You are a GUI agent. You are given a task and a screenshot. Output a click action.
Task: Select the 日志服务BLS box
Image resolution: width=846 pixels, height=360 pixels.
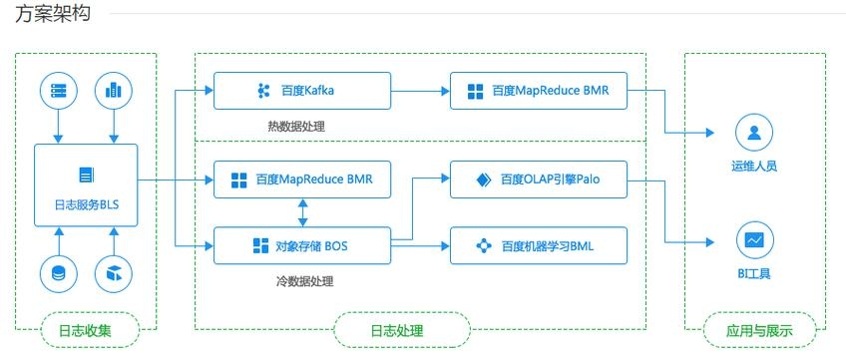point(86,184)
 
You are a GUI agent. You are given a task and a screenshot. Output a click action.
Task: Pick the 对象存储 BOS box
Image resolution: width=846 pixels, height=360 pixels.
point(300,244)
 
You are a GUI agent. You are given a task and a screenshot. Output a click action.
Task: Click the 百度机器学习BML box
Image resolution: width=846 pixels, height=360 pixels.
point(539,244)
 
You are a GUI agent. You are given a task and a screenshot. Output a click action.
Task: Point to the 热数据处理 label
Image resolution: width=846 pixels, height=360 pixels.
point(296,127)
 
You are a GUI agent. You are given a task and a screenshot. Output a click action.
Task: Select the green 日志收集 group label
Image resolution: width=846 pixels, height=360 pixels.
point(86,330)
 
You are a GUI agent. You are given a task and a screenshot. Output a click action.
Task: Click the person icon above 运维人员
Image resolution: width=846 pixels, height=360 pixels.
point(754,133)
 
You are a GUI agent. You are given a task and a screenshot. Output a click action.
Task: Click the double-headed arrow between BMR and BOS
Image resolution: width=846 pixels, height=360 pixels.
point(301,211)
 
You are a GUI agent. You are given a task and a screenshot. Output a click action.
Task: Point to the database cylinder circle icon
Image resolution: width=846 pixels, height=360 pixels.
point(58,272)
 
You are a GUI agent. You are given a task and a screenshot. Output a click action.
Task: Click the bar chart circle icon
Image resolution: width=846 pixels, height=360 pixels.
point(114,91)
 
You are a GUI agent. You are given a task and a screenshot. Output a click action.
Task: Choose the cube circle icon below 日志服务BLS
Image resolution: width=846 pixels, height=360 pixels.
point(114,272)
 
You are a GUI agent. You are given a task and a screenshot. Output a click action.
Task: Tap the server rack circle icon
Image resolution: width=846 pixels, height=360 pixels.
point(58,91)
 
